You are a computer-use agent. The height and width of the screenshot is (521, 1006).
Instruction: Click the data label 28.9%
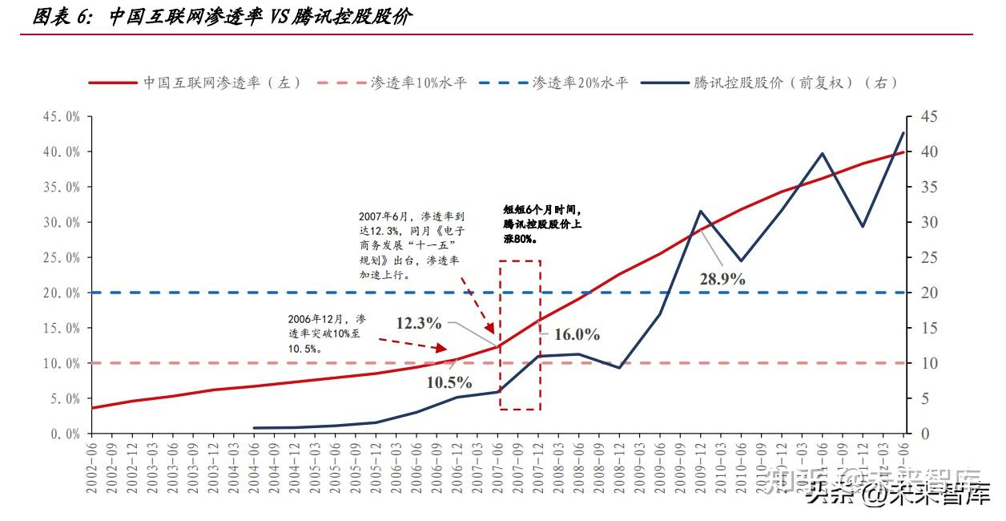pos(721,279)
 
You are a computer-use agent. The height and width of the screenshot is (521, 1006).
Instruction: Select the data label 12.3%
pos(418,323)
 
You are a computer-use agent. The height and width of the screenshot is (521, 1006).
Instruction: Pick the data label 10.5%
pos(449,382)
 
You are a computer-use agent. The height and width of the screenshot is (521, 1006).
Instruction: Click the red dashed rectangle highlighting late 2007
pos(520,335)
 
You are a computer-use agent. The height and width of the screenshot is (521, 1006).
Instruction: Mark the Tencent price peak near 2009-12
pos(701,212)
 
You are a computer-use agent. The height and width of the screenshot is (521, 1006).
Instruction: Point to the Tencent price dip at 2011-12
pos(863,226)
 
